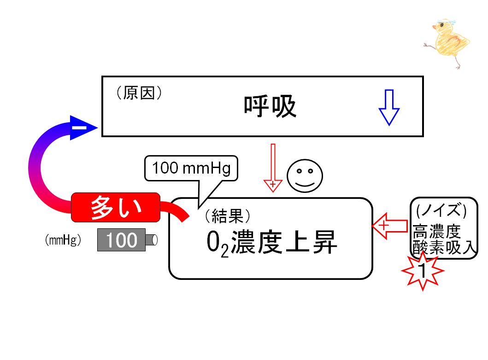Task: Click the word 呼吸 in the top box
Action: (x=270, y=106)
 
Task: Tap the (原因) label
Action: (x=139, y=93)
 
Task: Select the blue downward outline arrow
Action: (x=389, y=108)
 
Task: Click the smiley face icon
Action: (x=305, y=176)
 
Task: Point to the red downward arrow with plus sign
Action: (x=273, y=168)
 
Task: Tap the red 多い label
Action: (x=116, y=207)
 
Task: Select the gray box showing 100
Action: (x=121, y=240)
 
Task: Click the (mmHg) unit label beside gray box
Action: (x=63, y=240)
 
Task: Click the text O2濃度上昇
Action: (x=271, y=243)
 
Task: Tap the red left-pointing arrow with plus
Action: (x=390, y=226)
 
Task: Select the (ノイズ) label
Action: (x=441, y=210)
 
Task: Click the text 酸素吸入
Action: (x=444, y=248)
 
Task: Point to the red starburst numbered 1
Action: (x=423, y=271)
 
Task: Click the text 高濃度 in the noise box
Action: (x=437, y=232)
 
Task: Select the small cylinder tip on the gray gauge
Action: (x=152, y=240)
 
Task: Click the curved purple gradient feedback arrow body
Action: (x=35, y=168)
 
